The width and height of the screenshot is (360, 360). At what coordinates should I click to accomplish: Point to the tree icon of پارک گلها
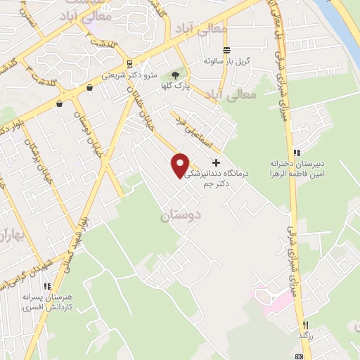click(x=175, y=75)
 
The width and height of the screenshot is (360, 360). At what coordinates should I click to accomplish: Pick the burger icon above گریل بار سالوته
click(x=226, y=50)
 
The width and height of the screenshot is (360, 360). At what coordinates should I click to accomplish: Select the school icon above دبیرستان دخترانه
click(x=297, y=152)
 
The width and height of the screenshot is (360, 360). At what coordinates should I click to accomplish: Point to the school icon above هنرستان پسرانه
click(x=47, y=287)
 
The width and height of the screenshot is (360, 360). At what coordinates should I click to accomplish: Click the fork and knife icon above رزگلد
click(x=304, y=325)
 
